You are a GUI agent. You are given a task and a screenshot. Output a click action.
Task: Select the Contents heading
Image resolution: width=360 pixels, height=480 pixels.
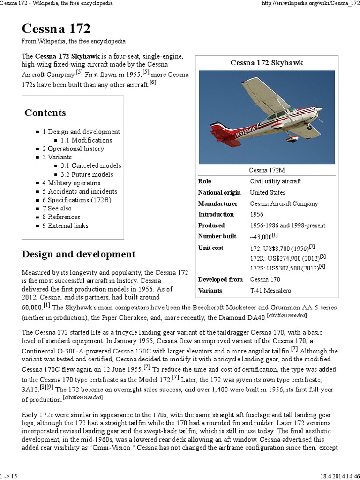tap(45, 113)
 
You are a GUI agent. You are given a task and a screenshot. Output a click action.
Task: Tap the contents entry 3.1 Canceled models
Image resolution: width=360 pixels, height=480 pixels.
tap(91, 165)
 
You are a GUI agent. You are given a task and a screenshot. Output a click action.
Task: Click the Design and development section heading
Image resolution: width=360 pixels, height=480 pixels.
tap(79, 255)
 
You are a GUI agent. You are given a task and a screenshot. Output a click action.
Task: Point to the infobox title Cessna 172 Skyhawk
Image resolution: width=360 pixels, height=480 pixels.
tap(267, 62)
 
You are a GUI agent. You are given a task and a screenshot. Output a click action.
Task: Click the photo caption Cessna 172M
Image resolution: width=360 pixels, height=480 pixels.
tap(267, 170)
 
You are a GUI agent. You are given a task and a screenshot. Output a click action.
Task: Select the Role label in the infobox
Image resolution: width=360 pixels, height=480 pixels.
tap(205, 181)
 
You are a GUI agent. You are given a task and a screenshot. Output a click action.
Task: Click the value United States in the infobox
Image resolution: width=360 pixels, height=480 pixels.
tap(268, 192)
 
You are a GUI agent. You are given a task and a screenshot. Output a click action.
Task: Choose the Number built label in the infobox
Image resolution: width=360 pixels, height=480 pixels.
tap(217, 236)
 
